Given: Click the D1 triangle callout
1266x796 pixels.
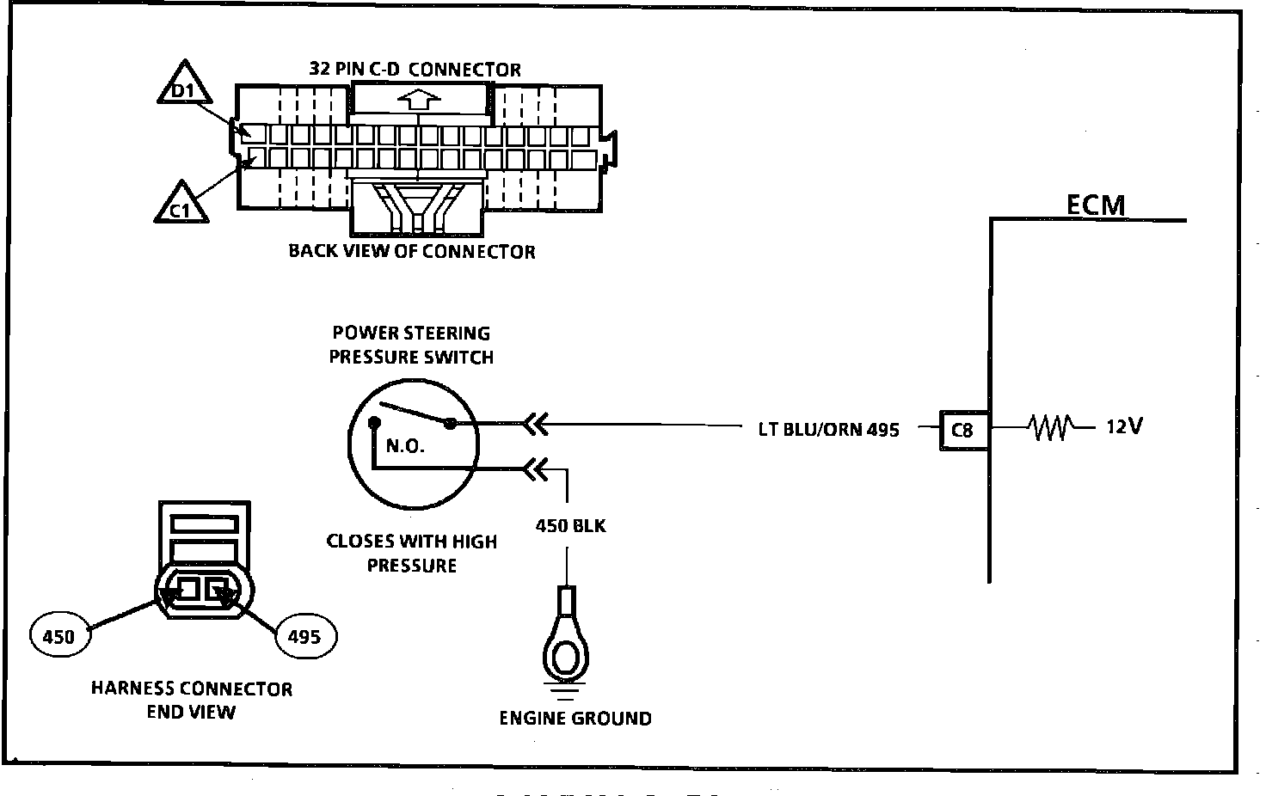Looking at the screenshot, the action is (184, 85).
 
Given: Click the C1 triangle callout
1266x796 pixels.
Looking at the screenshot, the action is (181, 205).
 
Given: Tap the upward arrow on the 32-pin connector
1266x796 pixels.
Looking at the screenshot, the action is (419, 100).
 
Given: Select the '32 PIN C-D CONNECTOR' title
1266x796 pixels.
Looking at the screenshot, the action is (415, 69).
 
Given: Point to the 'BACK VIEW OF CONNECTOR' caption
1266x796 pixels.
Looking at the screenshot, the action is (412, 251).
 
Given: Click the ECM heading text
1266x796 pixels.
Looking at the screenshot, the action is (1096, 205).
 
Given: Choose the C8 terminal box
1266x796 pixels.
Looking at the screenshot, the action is (964, 431).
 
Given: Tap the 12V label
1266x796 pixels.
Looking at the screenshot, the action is (1124, 426).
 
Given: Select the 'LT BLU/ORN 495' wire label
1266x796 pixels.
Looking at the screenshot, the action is (828, 430).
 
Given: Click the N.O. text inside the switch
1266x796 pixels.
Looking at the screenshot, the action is (405, 446).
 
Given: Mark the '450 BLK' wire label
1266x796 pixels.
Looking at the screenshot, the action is (571, 526).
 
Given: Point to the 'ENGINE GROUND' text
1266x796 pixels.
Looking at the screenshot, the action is (575, 718).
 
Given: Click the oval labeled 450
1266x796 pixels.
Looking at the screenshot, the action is (60, 635).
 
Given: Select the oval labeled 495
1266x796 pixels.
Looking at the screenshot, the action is (306, 636).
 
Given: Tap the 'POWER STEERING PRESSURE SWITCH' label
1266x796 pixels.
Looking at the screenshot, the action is (411, 345).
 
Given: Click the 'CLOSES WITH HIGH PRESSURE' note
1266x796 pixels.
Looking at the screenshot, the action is (411, 553).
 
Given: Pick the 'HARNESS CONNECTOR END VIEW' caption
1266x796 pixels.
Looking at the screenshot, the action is (192, 700).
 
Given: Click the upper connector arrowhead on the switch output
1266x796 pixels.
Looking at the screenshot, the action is (536, 425).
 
